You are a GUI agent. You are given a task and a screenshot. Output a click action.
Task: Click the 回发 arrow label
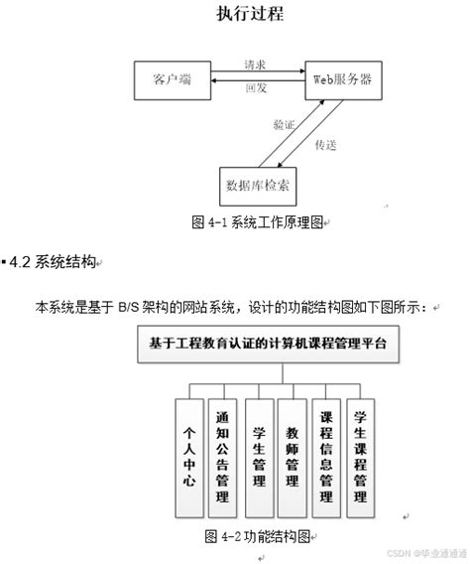pyautogui.click(x=256, y=88)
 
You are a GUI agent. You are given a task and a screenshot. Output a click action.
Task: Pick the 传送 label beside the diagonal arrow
pyautogui.click(x=326, y=145)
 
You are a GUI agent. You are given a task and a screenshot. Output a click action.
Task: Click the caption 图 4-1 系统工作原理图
pyautogui.click(x=260, y=223)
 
